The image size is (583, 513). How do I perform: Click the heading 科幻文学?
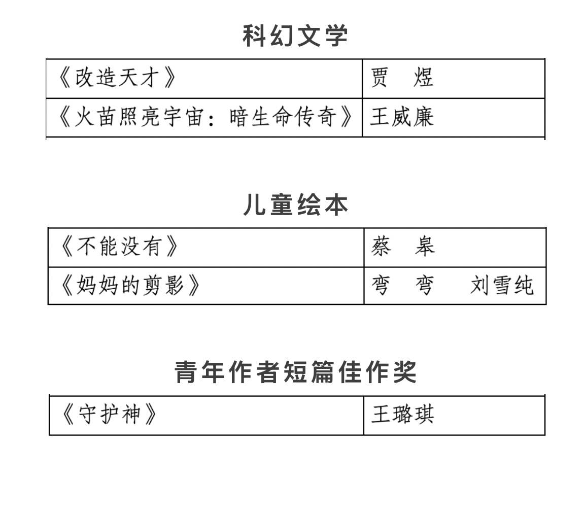pyautogui.click(x=295, y=36)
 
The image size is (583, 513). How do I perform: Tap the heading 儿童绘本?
pyautogui.click(x=296, y=205)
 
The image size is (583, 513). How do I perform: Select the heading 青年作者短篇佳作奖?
pyautogui.click(x=296, y=372)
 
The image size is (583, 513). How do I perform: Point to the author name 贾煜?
pyautogui.click(x=402, y=78)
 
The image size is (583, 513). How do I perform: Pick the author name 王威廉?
pyautogui.click(x=402, y=117)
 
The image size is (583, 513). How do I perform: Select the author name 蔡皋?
pyautogui.click(x=403, y=247)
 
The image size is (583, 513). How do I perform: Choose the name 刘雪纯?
pyautogui.click(x=502, y=286)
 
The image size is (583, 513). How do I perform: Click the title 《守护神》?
pyautogui.click(x=109, y=415)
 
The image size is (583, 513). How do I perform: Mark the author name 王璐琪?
pyautogui.click(x=403, y=415)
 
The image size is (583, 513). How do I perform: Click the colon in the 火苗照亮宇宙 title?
pyautogui.click(x=211, y=118)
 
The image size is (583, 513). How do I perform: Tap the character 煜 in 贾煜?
pyautogui.click(x=424, y=78)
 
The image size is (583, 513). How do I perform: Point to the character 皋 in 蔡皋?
pyautogui.click(x=425, y=247)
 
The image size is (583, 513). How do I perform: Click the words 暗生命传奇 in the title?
pyautogui.click(x=283, y=117)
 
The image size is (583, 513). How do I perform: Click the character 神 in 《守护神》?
pyautogui.click(x=131, y=415)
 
